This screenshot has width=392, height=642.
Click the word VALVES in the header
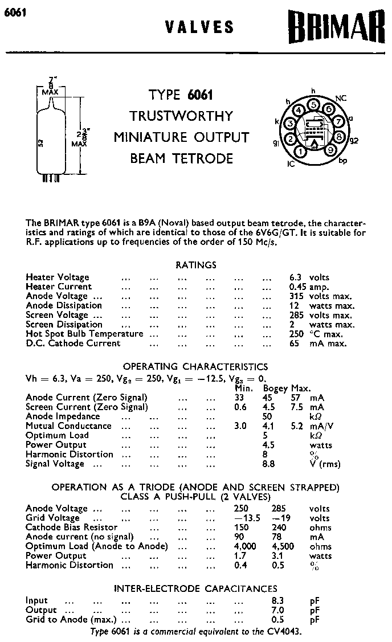click(x=199, y=27)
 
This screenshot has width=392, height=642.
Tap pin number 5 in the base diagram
click(x=313, y=104)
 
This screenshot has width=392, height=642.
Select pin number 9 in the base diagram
click(x=329, y=150)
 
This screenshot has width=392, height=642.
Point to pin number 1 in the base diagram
click(x=300, y=152)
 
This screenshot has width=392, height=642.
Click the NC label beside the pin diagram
click(x=341, y=99)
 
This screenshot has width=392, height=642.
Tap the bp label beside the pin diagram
click(x=342, y=161)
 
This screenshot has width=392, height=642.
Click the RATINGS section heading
click(x=195, y=265)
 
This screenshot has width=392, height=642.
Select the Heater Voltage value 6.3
click(x=295, y=277)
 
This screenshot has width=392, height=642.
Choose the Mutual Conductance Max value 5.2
click(x=296, y=426)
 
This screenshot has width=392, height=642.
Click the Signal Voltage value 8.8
click(x=268, y=464)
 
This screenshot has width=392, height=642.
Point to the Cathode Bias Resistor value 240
click(x=280, y=527)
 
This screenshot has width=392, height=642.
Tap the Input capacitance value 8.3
click(x=277, y=600)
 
